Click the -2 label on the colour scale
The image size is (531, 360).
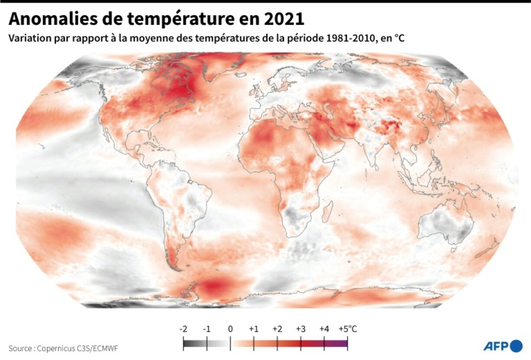(183, 329)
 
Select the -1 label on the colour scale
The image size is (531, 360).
(206, 329)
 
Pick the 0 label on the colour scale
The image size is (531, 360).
(230, 329)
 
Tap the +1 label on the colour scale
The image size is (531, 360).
(254, 329)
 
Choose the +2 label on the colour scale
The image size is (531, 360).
(277, 329)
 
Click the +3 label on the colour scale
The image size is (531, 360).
(301, 329)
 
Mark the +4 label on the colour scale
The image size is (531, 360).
(324, 329)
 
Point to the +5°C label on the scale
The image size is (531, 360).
(348, 329)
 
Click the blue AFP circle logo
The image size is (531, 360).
(516, 346)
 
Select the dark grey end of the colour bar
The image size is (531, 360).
(187, 344)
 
